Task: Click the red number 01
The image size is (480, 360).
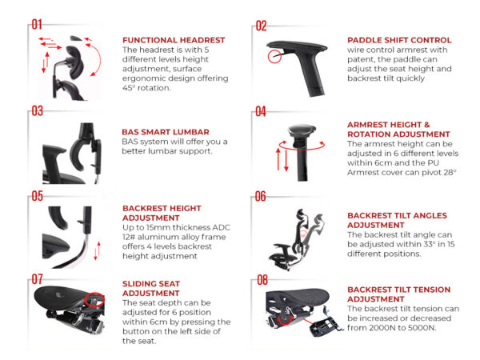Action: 37,24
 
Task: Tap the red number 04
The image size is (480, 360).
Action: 261,112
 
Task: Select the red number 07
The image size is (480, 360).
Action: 37,279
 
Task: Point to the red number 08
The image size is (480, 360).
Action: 262,280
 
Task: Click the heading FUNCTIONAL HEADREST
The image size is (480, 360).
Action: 174,40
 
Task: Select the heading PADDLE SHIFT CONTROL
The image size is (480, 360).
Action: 399,40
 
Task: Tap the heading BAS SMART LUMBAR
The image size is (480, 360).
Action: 166,132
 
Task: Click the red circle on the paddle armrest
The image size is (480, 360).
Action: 274,56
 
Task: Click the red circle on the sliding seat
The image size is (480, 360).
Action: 94,299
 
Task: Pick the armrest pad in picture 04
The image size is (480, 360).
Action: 302,131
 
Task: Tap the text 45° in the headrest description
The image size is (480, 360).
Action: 129,88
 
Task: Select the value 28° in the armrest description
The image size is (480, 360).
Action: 450,172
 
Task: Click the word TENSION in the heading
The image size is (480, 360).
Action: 430,290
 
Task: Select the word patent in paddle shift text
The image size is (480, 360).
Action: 360,59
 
